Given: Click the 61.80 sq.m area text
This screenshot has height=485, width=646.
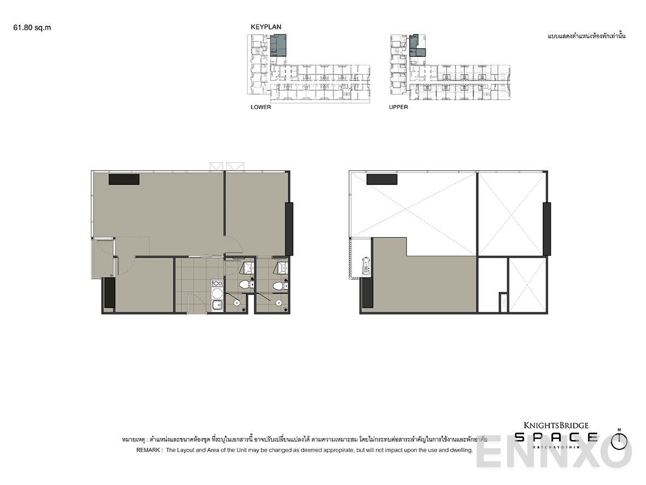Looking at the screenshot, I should click(x=32, y=27).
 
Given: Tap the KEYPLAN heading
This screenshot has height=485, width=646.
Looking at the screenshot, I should click(x=266, y=27).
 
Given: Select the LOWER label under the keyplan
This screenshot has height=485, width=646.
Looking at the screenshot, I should click(x=261, y=107).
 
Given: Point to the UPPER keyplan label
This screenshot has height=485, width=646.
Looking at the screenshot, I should click(x=398, y=107).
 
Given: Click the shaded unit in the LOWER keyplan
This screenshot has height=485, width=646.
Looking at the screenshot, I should click(x=278, y=45).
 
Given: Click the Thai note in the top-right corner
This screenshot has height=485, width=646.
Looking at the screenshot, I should click(x=586, y=36).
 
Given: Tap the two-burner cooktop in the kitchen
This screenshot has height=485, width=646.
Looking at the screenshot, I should click(x=217, y=284).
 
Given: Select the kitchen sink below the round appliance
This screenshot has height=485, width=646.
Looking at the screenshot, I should click(x=217, y=305).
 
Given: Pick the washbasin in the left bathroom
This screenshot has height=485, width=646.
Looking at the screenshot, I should click(x=247, y=267).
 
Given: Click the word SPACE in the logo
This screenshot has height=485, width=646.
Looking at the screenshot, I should click(x=556, y=437).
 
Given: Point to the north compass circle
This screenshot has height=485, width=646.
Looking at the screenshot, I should click(x=619, y=442).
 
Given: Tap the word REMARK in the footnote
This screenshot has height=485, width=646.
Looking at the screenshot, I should click(x=148, y=449).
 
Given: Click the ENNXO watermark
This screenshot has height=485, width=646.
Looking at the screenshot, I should click(x=554, y=452).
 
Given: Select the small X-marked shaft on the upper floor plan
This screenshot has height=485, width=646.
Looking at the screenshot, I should click(x=503, y=302).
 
